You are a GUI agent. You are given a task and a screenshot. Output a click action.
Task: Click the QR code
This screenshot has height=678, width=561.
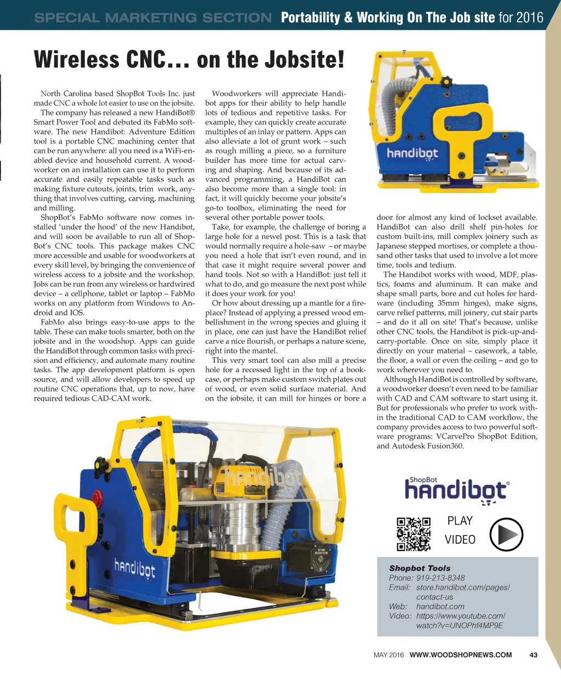point(414,533)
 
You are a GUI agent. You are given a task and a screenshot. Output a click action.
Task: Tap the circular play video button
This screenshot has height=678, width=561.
point(506,534)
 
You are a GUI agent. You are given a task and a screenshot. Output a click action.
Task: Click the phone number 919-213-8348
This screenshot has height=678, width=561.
point(440,578)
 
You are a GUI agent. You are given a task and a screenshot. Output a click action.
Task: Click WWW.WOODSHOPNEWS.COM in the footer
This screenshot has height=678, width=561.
point(461,654)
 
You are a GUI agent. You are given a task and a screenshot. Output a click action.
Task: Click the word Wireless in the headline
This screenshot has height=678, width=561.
point(76,59)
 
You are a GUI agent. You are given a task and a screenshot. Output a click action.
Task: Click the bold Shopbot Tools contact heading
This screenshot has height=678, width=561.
point(420,568)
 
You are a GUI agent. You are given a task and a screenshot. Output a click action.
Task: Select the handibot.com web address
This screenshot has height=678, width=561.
point(440,606)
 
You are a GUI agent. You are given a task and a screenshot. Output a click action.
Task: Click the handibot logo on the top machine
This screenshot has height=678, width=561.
point(413,153)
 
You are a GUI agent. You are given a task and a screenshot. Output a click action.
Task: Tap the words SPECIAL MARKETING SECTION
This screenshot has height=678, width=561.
point(152,18)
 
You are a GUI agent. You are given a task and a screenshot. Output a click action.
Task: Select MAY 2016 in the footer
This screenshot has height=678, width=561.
point(388,654)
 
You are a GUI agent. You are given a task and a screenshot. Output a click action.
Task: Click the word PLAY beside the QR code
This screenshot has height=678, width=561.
point(460,520)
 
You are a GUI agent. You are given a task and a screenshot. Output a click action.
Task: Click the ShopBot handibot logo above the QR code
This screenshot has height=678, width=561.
point(457,489)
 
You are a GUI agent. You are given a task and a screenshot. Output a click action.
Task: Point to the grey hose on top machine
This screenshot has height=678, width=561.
point(398,101)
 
